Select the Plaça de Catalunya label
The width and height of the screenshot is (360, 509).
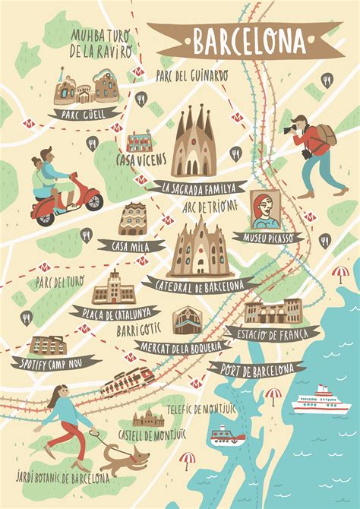(113, 311)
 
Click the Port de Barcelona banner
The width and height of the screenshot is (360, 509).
(258, 370)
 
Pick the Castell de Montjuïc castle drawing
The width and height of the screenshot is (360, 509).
(147, 419)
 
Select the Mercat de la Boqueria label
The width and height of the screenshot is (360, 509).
(182, 347)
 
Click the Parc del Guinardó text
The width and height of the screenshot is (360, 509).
(191, 74)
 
